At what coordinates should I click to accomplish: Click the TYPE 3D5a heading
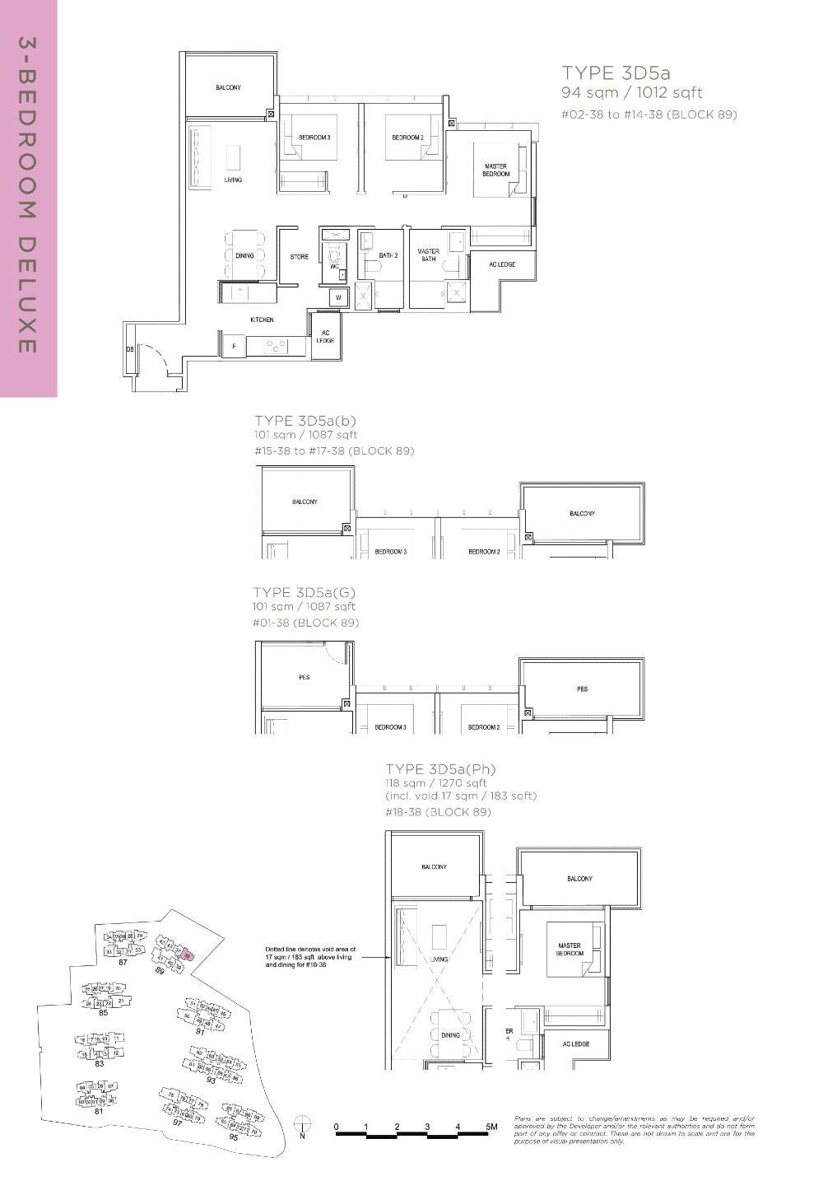coord(616,72)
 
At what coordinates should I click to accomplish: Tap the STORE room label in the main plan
coord(299,257)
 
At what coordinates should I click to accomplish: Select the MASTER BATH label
coord(428,255)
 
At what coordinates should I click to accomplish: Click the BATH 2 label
coord(388,256)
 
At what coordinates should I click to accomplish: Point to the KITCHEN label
coord(262,320)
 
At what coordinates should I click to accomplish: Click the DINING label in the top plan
coord(244,256)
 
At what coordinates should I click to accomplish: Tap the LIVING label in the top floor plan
coord(233,180)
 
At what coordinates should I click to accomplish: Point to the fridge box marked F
coord(234,347)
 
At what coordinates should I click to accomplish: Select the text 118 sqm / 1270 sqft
coord(436,783)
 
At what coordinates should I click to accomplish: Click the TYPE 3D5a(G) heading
coord(305,592)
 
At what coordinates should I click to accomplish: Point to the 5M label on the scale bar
coord(491,1127)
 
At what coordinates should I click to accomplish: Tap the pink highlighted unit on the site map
coord(188,956)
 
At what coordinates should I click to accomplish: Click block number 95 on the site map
coord(233,1137)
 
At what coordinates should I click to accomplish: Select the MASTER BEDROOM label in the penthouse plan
coord(570,950)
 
